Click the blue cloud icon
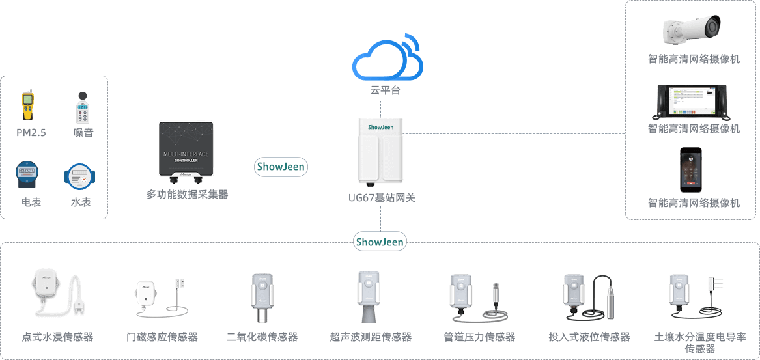click(387, 57)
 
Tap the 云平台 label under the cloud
click(386, 90)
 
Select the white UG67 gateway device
click(381, 151)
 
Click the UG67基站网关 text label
click(382, 198)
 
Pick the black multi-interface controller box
click(186, 149)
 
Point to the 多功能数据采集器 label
click(188, 194)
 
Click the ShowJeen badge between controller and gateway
click(281, 167)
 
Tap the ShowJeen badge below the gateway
click(380, 242)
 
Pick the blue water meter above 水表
click(80, 175)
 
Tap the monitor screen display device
click(694, 100)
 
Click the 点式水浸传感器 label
click(57, 337)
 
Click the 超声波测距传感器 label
click(371, 337)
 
